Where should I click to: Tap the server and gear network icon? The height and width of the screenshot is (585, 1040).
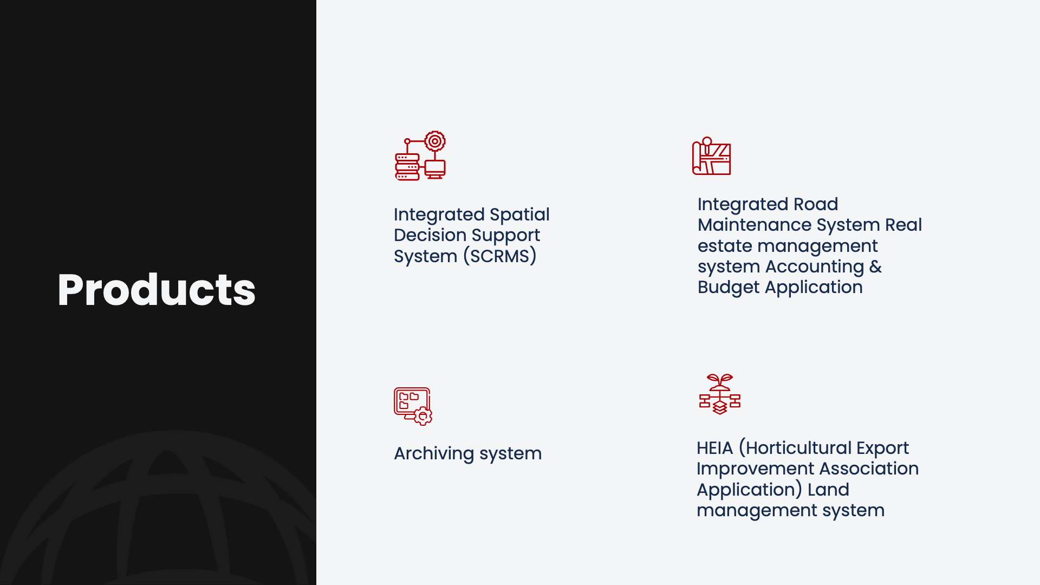(420, 155)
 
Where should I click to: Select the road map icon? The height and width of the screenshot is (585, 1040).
(711, 156)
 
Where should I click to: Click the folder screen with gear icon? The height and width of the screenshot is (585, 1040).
(413, 406)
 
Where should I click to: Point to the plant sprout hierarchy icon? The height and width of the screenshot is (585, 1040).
(719, 394)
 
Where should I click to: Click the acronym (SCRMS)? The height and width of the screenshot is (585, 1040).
(499, 256)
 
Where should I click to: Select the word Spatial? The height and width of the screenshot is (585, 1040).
(519, 215)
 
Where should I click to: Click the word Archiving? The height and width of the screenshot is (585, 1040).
(434, 453)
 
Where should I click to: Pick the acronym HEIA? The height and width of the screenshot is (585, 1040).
(714, 448)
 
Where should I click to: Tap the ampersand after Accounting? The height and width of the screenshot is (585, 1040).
(875, 266)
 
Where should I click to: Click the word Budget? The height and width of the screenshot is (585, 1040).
(729, 288)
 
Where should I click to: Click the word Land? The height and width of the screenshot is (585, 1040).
(828, 490)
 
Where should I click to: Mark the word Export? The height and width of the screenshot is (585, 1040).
(882, 448)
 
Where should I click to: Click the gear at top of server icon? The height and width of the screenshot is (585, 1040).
(434, 141)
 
